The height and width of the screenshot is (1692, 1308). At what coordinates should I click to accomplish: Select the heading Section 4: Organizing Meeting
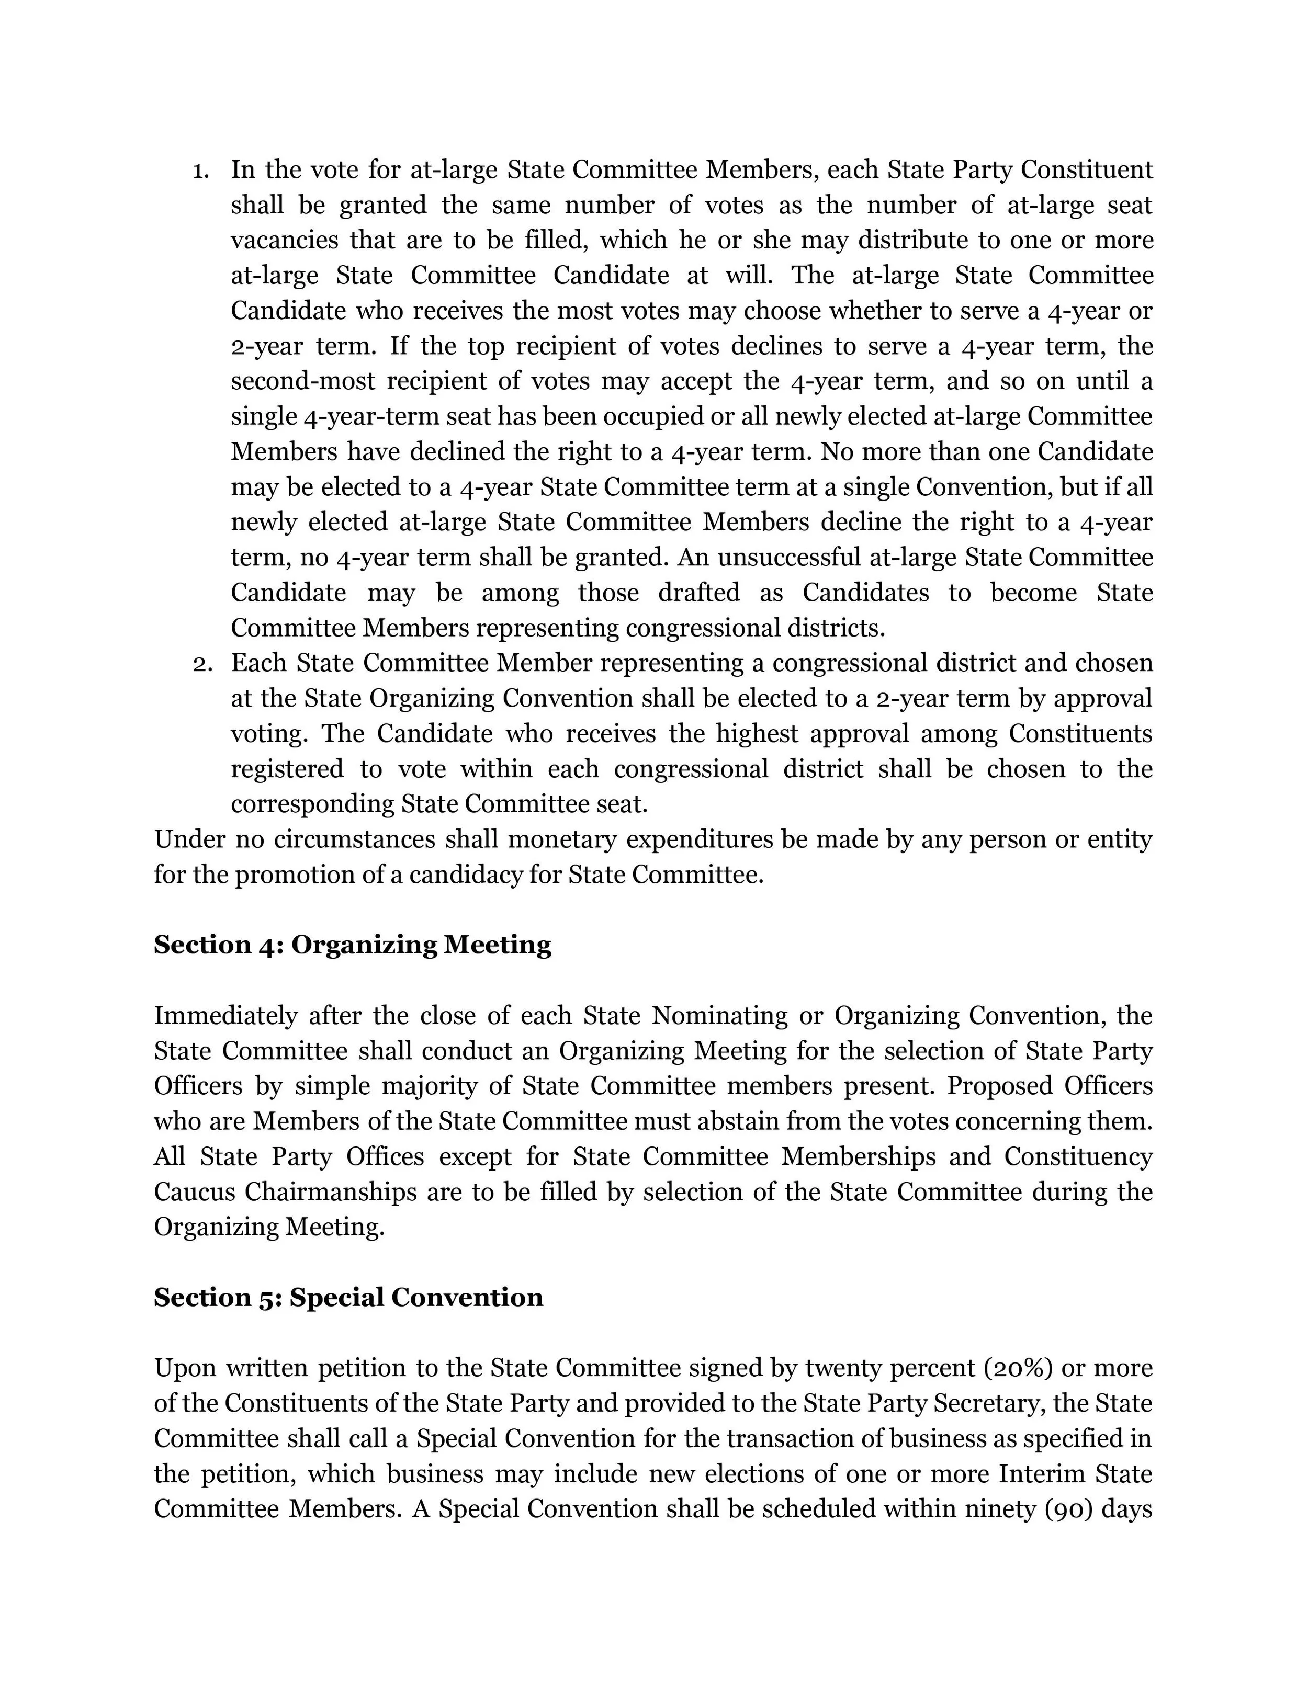[353, 945]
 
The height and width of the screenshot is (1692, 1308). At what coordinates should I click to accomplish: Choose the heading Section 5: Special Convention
[348, 1298]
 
